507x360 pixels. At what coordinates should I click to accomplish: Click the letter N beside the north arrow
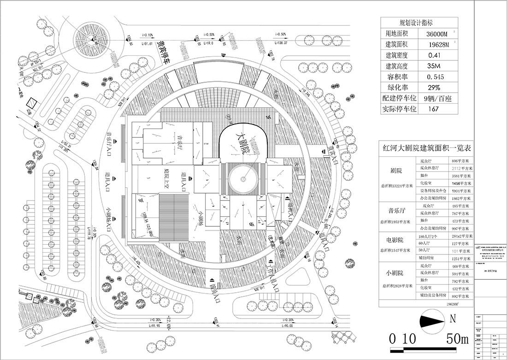point(453,318)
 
